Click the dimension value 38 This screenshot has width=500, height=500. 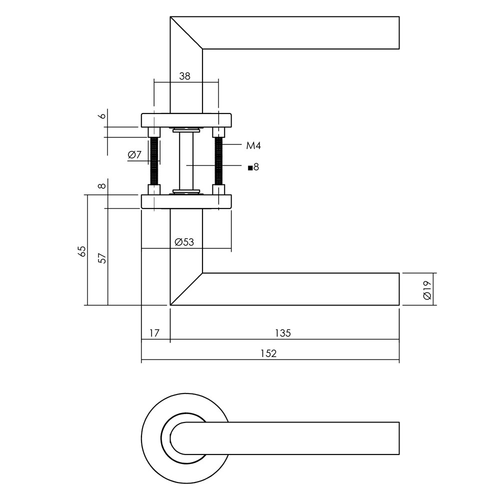tap(185, 76)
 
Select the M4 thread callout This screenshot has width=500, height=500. tap(253, 145)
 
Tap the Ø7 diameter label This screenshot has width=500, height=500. tap(135, 155)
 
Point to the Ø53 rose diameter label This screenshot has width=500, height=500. tap(184, 242)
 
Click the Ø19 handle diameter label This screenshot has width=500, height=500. tap(426, 289)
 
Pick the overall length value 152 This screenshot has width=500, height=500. tap(268, 353)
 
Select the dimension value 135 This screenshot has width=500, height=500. tap(282, 333)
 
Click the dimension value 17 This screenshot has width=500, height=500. tap(154, 333)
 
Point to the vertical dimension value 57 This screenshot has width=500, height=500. tap(102, 258)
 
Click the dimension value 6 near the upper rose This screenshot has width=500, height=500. tap(102, 116)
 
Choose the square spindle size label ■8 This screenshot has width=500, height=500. tap(253, 167)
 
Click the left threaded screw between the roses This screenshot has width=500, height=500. tap(154, 161)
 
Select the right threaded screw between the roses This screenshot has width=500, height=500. tap(218, 161)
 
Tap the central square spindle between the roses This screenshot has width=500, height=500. tap(186, 161)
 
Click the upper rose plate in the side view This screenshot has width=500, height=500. tap(186, 120)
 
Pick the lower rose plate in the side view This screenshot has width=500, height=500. tap(186, 201)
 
